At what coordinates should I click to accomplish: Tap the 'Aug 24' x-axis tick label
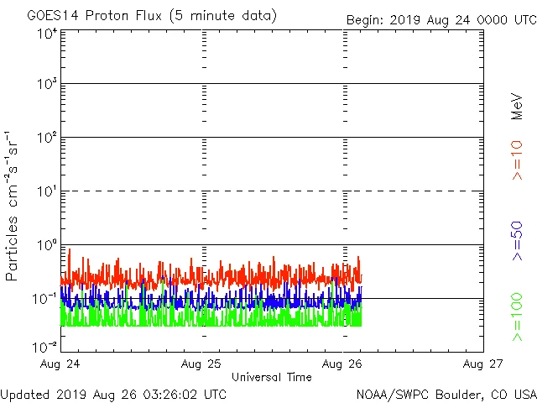pos(61,364)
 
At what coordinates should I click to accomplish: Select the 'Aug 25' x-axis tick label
pos(201,364)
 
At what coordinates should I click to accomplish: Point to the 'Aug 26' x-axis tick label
pos(342,364)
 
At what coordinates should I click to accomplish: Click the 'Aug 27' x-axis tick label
pos(483,364)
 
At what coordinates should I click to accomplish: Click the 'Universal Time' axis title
pos(272,377)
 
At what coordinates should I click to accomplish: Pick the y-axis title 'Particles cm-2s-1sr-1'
pos(13,205)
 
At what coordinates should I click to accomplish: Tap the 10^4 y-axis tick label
pos(47,34)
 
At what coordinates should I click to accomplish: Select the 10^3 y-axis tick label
pos(47,84)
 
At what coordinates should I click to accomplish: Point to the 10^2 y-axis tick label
pos(47,138)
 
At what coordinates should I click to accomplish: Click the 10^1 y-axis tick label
pos(47,191)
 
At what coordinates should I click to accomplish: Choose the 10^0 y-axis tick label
pos(47,245)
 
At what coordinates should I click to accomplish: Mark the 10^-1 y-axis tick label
pos(47,299)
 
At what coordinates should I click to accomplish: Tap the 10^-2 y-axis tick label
pos(47,347)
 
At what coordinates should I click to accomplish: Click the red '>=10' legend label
pos(517,160)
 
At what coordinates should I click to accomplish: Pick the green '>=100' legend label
pos(517,317)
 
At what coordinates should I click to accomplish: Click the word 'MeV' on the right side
pos(517,107)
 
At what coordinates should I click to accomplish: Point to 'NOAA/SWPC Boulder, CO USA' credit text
pos(446,394)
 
